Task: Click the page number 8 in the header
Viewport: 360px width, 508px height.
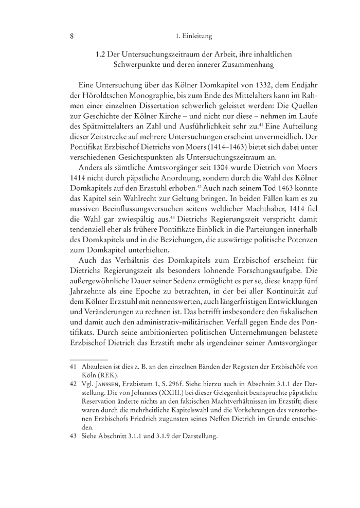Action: point(73,37)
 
